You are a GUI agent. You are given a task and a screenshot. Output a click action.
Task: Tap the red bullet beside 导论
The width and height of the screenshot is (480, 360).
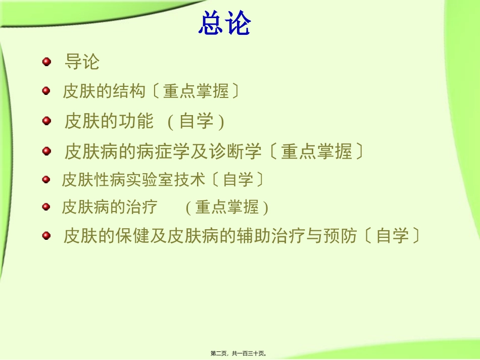point(46,62)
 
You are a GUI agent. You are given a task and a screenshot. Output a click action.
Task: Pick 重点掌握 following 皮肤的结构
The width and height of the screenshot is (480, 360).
point(195,91)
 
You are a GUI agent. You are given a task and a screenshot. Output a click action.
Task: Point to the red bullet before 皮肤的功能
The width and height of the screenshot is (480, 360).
point(46,121)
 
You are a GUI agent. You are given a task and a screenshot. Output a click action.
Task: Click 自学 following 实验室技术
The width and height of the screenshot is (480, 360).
point(237,179)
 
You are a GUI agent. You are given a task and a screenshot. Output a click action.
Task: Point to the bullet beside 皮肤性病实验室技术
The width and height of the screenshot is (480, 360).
point(46,179)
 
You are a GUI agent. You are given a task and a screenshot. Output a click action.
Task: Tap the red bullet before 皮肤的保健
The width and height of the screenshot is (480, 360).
point(46,235)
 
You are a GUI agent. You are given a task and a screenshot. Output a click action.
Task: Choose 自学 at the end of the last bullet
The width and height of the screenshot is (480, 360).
point(392,236)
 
